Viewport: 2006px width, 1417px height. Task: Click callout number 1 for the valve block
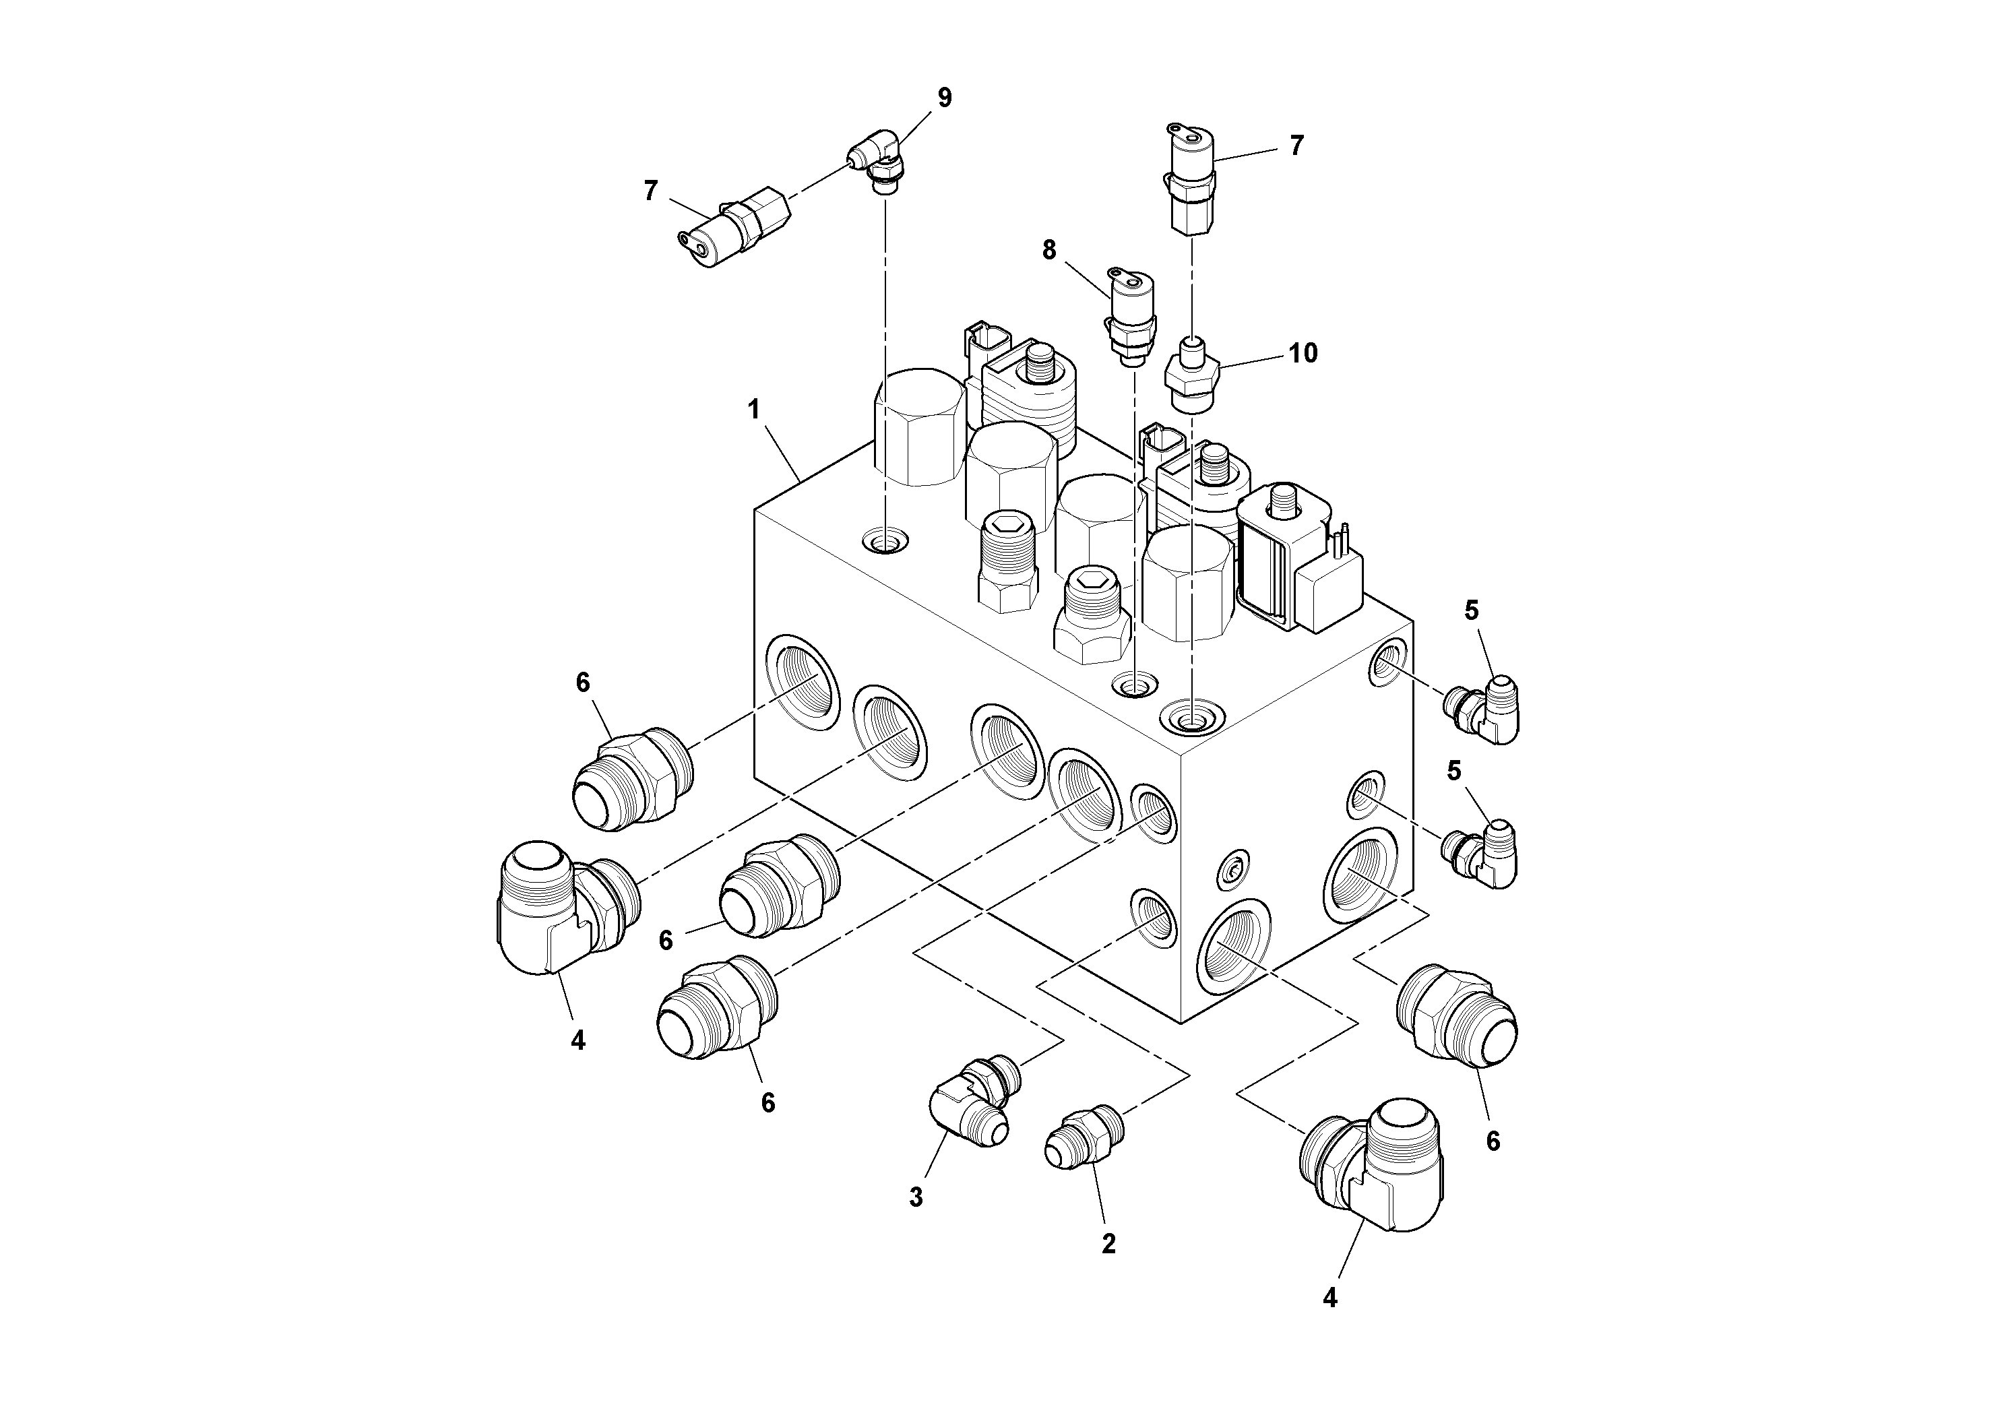754,410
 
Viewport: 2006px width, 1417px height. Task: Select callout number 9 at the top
945,98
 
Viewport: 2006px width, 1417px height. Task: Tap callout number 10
1303,353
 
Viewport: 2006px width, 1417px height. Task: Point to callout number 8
1049,251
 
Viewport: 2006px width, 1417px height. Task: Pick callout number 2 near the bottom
1108,1244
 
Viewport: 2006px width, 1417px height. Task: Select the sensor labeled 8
1131,315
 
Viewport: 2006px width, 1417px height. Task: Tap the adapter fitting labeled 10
1193,378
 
